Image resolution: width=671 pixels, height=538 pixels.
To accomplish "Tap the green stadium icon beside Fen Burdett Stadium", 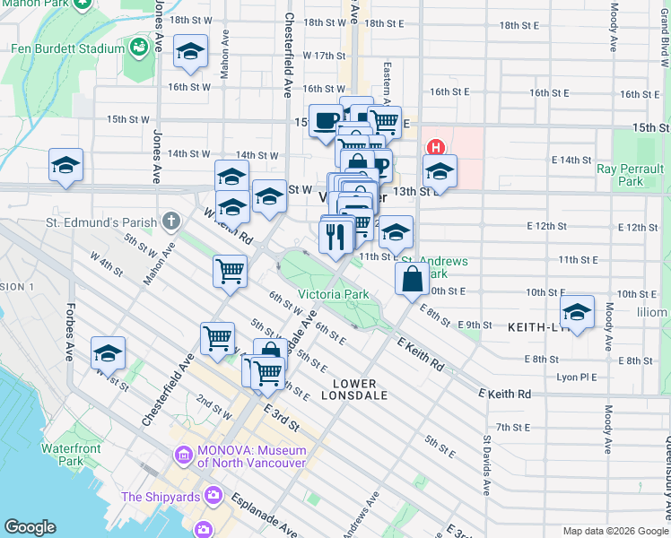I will point(139,45).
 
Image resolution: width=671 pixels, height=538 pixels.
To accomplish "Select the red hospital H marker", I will point(435,148).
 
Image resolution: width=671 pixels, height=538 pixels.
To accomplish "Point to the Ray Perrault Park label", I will point(632,175).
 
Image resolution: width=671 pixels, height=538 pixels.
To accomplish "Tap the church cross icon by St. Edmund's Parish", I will point(171,221).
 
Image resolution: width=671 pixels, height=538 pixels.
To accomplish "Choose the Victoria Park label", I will point(333,294).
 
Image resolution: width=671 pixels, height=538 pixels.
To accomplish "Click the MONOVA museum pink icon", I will point(184,456).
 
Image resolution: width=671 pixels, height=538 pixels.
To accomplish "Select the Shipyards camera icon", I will point(213,494).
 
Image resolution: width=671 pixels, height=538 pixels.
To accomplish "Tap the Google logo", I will point(30,527).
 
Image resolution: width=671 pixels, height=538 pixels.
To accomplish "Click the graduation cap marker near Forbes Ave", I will point(108,353).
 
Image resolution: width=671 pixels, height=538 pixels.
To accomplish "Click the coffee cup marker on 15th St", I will point(326,120).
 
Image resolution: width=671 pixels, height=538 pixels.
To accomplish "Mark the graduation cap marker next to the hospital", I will point(440,171).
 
